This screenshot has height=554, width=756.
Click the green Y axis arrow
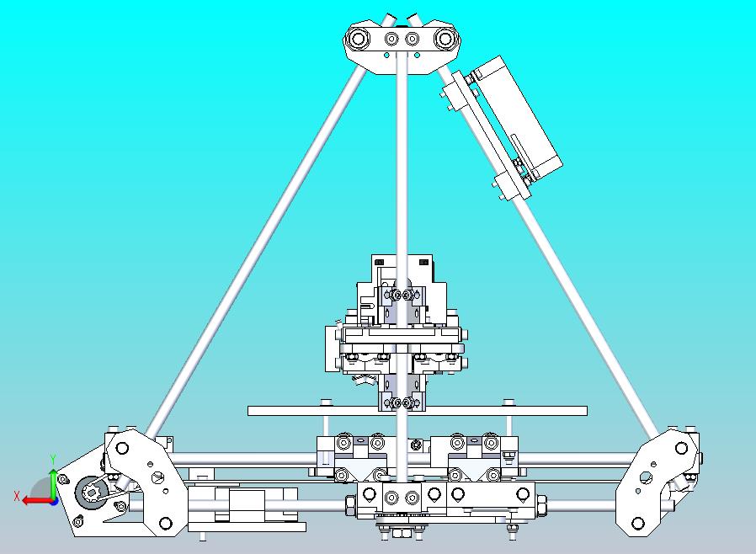[54, 482]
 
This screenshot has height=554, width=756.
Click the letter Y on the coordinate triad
[53, 459]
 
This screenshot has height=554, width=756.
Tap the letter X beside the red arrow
[17, 496]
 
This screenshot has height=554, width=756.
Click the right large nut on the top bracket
[444, 39]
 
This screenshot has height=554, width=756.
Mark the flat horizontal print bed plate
[417, 411]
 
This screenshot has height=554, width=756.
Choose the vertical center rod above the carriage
[402, 168]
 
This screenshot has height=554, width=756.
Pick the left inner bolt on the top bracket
[391, 39]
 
